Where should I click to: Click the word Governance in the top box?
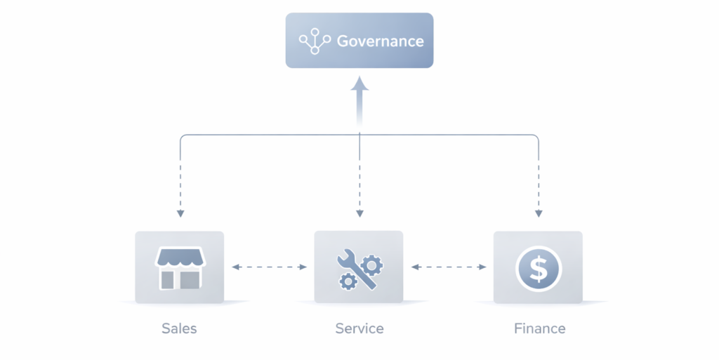click(x=380, y=41)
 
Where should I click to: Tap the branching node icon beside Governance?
click(x=315, y=41)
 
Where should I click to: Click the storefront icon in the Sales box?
click(x=180, y=267)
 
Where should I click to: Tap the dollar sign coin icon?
click(x=538, y=267)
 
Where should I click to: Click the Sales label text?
click(x=179, y=328)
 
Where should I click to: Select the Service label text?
click(x=359, y=328)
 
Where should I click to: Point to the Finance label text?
click(x=539, y=328)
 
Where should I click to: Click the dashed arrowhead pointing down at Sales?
click(x=180, y=213)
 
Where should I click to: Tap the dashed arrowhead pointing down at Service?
click(x=359, y=213)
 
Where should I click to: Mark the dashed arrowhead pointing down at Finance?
click(x=539, y=213)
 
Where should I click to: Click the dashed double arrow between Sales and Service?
click(x=269, y=267)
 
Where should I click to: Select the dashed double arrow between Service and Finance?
click(x=449, y=267)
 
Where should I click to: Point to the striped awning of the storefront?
click(x=180, y=258)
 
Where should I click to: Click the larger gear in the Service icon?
click(x=372, y=264)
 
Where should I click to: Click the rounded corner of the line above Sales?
click(x=183, y=137)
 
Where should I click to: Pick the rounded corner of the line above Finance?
click(x=536, y=137)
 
